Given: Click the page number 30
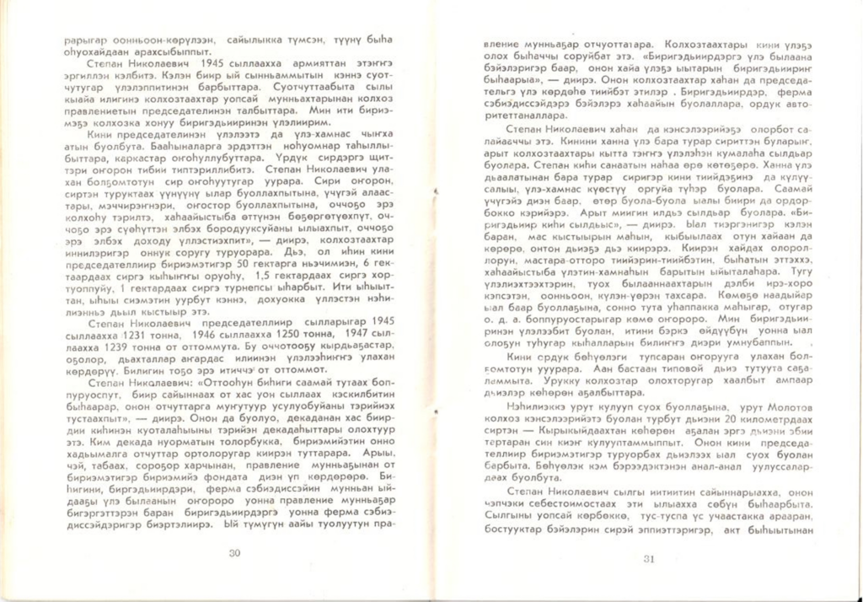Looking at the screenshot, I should click(235, 553).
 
